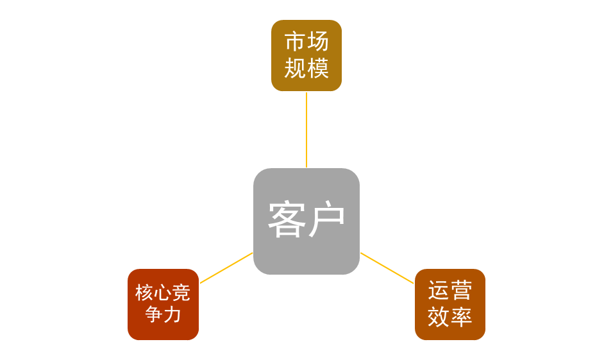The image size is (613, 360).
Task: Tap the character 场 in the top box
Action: coord(318,42)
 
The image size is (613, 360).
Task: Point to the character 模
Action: coord(318,68)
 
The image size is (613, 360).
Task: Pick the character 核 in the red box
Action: coord(144,293)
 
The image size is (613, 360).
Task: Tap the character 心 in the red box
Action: coord(163,293)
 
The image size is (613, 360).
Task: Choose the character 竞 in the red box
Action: coord(181,293)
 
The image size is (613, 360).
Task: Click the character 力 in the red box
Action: coord(172,315)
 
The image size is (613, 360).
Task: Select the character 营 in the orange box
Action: coord(462,291)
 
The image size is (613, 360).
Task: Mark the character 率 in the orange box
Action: coord(462,317)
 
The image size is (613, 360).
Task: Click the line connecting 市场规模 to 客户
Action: coord(306,129)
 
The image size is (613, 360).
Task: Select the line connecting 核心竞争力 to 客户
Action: coord(226,268)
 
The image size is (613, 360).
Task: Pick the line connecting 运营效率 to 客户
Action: coord(387,268)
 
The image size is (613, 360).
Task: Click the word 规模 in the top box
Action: coord(306,68)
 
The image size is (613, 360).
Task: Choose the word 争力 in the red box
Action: coord(163,315)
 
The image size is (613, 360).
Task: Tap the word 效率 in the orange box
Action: coord(450,317)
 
